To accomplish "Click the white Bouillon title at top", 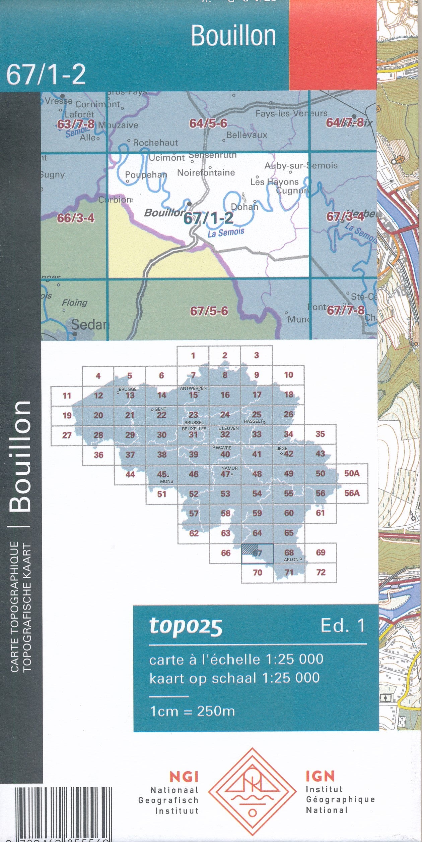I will (x=233, y=36).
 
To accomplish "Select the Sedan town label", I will (x=90, y=324).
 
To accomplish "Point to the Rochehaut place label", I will (x=155, y=143).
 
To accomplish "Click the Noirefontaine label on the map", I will (x=206, y=173).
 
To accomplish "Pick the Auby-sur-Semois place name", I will (x=301, y=165).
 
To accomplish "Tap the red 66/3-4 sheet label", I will (x=76, y=218).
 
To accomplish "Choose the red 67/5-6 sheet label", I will (x=209, y=311).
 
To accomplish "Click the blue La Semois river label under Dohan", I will (x=226, y=232).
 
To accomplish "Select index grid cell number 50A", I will (x=352, y=473).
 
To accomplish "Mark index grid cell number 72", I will (x=321, y=572).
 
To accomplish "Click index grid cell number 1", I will (x=193, y=356).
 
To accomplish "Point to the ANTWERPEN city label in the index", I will (x=193, y=388).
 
